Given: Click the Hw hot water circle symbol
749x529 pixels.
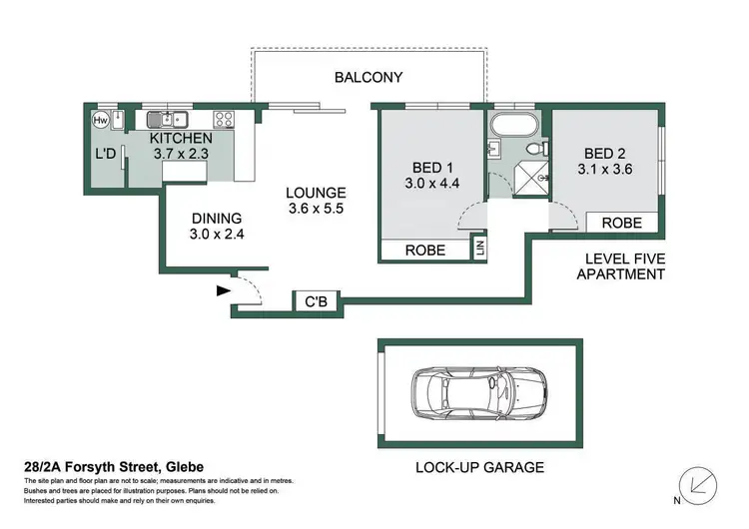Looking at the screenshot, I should point(100,120).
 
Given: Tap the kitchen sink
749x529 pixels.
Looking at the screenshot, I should point(167,119).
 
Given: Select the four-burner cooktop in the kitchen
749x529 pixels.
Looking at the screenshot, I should point(225,119).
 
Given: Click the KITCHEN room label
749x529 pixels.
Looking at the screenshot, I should point(181,138).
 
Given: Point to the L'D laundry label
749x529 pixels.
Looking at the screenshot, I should point(105,155).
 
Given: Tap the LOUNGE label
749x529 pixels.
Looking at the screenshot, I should point(316,193).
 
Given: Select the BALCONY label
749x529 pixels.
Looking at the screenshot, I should point(369,77).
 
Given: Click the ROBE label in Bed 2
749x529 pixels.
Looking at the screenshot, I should point(622,223).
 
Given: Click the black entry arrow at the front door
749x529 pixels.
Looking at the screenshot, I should point(221,291).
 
